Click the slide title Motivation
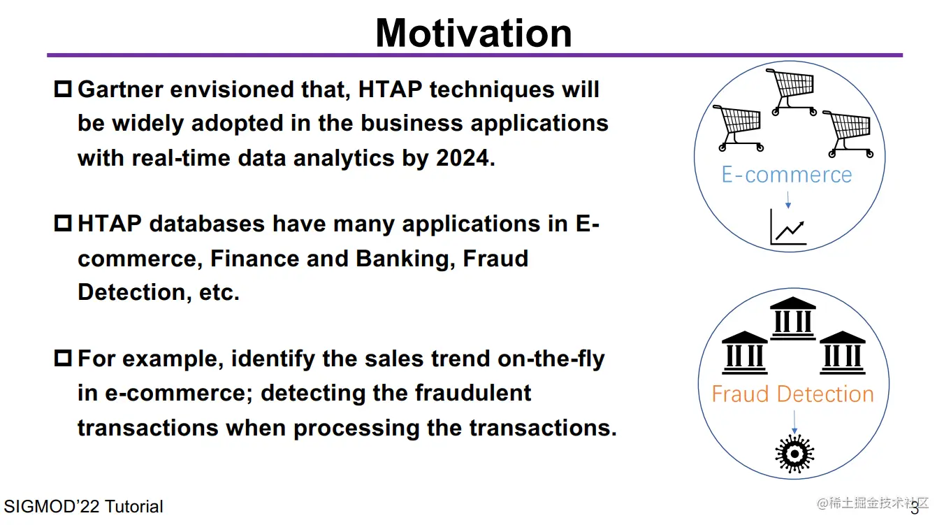click(x=474, y=33)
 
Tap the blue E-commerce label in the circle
click(x=787, y=175)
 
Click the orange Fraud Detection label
click(x=792, y=394)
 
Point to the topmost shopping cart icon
click(x=792, y=91)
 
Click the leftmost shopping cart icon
click(x=738, y=127)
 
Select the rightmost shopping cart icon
click(x=848, y=132)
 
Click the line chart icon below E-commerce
click(x=788, y=228)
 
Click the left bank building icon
click(x=745, y=352)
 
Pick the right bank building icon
click(x=842, y=352)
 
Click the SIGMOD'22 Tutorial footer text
click(x=83, y=507)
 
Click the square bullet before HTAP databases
click(x=63, y=224)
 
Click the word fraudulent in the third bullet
click(x=473, y=393)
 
